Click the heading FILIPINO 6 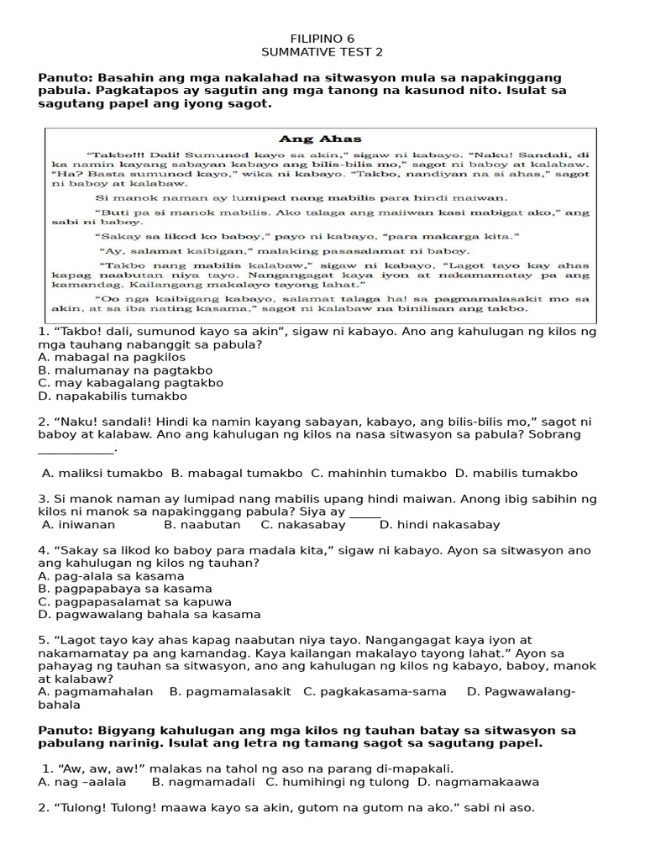point(322,39)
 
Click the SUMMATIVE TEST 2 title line point(322,52)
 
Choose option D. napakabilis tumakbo point(113,396)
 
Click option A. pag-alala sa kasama point(111,576)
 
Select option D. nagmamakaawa point(478,782)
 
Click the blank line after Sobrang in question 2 point(76,450)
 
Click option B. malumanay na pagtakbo point(125,370)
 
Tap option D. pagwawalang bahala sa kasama point(149,615)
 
